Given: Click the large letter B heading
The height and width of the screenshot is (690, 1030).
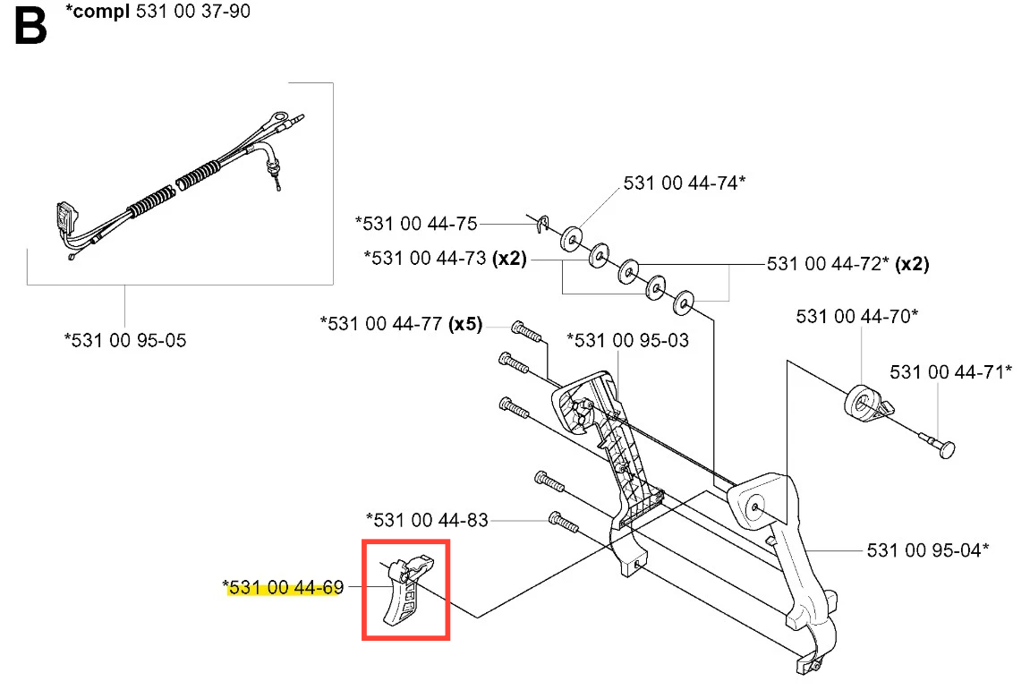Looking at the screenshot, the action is click(x=30, y=26).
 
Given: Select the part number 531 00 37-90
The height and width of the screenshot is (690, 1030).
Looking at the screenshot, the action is click(x=193, y=11).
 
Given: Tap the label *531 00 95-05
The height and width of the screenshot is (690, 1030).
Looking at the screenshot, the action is click(x=125, y=340).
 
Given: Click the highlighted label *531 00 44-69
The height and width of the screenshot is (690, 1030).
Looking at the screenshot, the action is click(x=283, y=587).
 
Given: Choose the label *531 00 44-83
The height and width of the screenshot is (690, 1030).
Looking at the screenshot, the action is click(x=427, y=521).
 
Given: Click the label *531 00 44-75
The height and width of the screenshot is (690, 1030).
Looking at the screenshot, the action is click(x=416, y=224).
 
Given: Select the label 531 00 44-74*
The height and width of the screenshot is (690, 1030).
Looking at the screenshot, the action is click(x=685, y=183).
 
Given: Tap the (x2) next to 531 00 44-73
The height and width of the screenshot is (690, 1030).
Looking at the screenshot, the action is click(x=510, y=259).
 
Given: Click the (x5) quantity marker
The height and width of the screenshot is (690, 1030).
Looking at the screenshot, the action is click(x=465, y=324).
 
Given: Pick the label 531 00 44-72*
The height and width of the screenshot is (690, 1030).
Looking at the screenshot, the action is click(x=828, y=263).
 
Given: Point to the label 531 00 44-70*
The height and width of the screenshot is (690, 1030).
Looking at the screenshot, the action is click(x=856, y=316).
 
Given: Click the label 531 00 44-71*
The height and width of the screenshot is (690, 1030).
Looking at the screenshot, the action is click(x=950, y=372).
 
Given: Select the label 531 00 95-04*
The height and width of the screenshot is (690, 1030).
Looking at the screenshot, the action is click(x=927, y=550).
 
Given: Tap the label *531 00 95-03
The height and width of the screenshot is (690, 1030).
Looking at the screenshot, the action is click(x=628, y=340).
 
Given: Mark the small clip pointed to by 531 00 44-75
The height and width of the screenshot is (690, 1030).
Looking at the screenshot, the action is click(x=542, y=224).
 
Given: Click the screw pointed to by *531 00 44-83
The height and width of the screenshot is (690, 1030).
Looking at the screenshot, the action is click(x=564, y=523).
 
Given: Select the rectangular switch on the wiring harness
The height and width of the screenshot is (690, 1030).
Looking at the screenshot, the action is click(x=66, y=217).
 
